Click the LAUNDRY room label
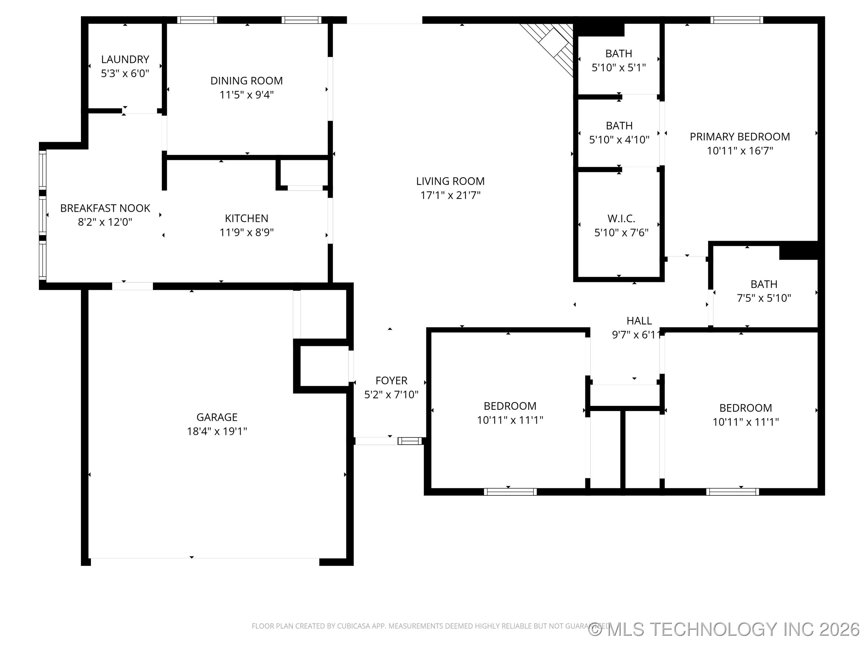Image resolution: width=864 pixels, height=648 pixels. [x=125, y=59]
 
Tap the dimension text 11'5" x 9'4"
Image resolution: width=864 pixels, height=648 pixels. [x=247, y=95]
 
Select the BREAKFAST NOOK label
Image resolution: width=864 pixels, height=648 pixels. [x=105, y=208]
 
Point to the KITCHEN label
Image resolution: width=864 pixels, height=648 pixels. [x=247, y=218]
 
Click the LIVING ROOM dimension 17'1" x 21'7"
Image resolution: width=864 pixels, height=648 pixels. [x=450, y=195]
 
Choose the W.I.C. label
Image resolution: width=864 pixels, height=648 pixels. [x=621, y=218]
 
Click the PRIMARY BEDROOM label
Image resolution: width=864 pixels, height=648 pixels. [x=740, y=137]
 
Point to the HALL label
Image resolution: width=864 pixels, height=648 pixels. [x=639, y=321]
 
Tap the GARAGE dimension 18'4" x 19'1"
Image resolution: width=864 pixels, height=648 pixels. [x=217, y=431]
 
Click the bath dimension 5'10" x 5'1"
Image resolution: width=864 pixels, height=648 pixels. [x=619, y=67]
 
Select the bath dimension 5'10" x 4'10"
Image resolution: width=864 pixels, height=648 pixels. [x=619, y=140]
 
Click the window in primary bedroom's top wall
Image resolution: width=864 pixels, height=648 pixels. [x=736, y=20]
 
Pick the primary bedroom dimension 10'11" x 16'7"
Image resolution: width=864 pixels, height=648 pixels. [x=740, y=151]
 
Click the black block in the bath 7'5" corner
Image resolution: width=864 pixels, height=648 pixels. [x=798, y=251]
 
